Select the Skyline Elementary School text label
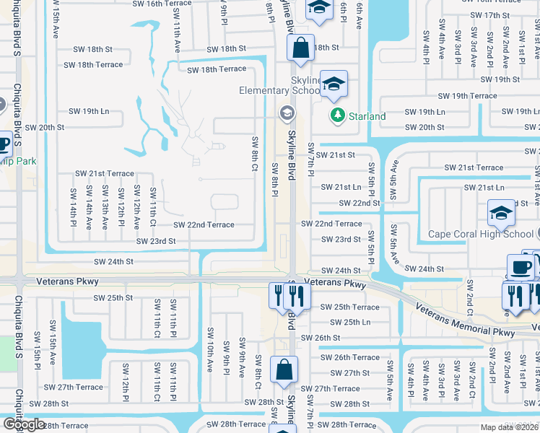[x=282, y=84]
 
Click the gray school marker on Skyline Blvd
[x=287, y=113]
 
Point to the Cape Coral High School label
[x=481, y=234]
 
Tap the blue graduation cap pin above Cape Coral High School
[x=500, y=212]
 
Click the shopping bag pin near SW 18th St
[x=300, y=48]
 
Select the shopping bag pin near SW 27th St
[x=284, y=369]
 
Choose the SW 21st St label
[x=338, y=154]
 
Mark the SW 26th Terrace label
[x=350, y=357]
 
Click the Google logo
[x=24, y=424]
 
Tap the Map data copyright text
[x=510, y=427]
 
